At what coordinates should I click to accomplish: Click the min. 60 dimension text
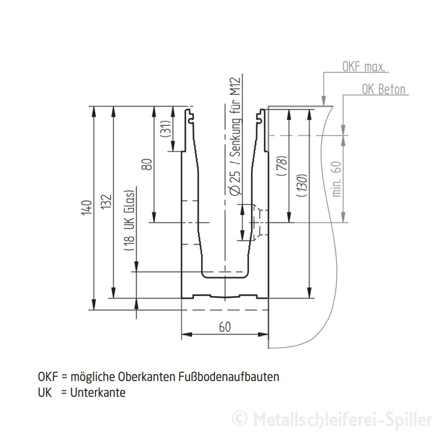click(x=337, y=178)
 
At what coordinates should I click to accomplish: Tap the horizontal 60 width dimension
click(x=224, y=327)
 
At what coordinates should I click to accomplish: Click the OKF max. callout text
click(x=364, y=68)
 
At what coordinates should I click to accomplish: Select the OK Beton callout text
click(x=384, y=89)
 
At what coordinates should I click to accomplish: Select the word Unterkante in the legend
click(x=98, y=392)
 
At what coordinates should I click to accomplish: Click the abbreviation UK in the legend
click(x=45, y=392)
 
